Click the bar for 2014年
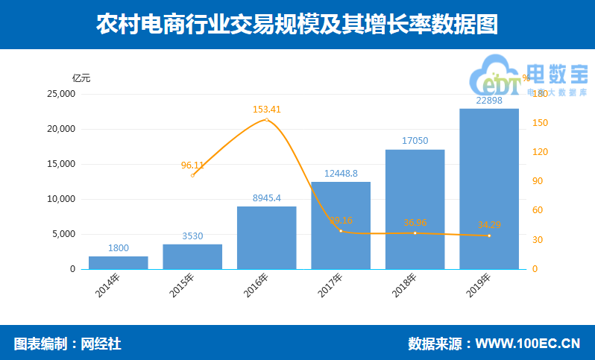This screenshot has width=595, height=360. (118, 262)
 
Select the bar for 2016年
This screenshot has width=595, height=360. (266, 238)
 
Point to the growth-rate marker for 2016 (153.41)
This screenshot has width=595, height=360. (266, 119)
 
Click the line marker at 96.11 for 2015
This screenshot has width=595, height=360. (192, 175)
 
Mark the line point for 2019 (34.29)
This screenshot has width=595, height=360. (489, 236)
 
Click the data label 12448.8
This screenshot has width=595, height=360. (341, 174)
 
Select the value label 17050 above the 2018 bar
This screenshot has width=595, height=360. (415, 140)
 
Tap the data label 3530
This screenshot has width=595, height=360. (192, 236)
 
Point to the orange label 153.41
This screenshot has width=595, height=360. (266, 110)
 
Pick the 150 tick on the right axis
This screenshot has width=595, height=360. (538, 123)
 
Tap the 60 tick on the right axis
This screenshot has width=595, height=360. (536, 211)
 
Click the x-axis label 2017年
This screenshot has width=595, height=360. (330, 285)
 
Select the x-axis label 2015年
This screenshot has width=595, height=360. (182, 285)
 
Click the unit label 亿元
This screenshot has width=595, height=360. (81, 78)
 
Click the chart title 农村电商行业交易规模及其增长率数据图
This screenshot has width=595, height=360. (297, 25)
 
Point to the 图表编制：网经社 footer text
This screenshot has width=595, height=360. (68, 344)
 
